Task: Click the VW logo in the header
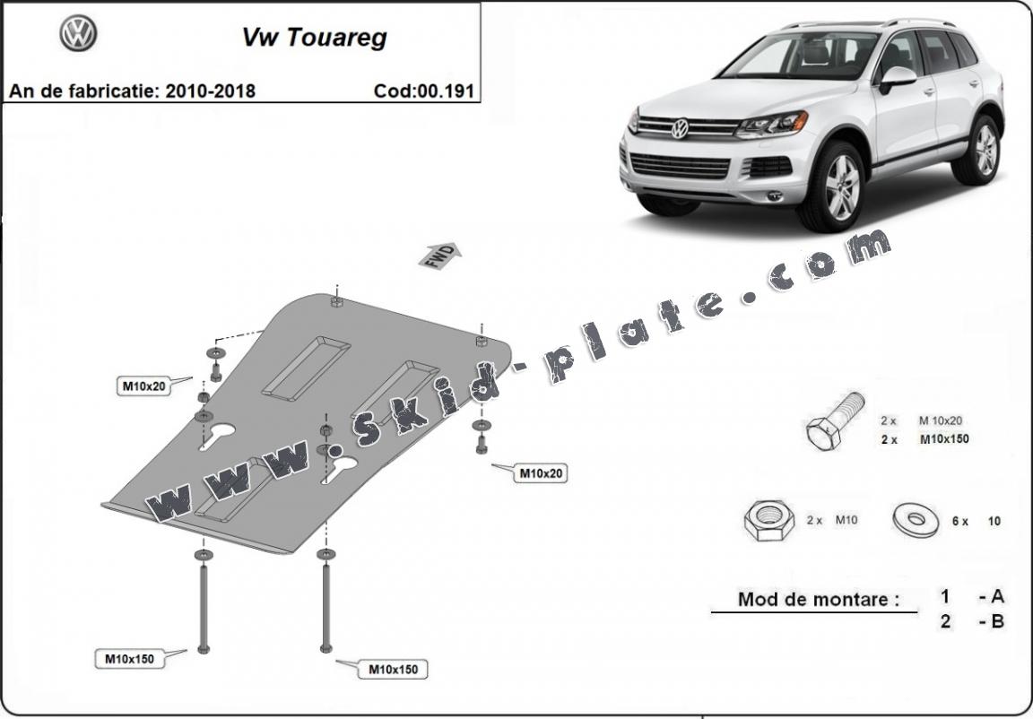pos(78,34)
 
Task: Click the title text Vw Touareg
pos(314,38)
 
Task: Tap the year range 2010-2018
pos(210,91)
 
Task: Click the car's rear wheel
pos(986,149)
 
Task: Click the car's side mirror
pos(897,78)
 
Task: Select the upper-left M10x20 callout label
pos(143,386)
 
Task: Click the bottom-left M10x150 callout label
pos(129,659)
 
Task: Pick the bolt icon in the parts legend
pos(834,422)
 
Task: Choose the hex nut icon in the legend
pos(768,521)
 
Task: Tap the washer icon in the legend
pos(916,519)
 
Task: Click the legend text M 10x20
pos(942,420)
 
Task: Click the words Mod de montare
pos(818,599)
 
